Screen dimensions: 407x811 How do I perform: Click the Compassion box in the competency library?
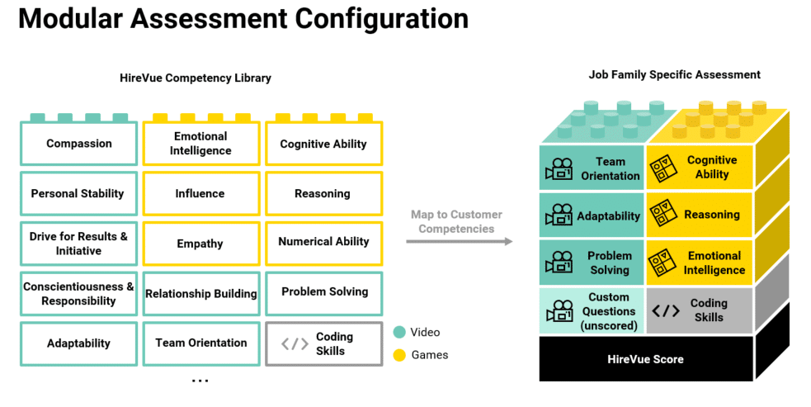(x=78, y=144)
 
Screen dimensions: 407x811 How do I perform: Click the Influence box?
(x=200, y=194)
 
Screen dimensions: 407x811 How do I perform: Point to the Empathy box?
(x=200, y=244)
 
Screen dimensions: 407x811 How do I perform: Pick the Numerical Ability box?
(x=323, y=242)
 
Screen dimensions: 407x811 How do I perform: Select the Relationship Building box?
(x=200, y=294)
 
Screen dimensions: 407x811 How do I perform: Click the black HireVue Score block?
(x=645, y=359)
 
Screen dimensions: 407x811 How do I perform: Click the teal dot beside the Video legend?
(x=399, y=333)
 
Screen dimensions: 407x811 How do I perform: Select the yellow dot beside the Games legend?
(x=399, y=355)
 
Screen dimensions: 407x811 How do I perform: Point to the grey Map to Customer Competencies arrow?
(x=459, y=241)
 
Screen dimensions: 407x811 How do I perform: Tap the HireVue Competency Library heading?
(x=196, y=78)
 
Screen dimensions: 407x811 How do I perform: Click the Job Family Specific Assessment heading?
(x=674, y=75)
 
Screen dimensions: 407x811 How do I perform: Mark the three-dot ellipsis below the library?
(x=200, y=381)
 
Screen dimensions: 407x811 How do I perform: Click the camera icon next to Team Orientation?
(x=559, y=168)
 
